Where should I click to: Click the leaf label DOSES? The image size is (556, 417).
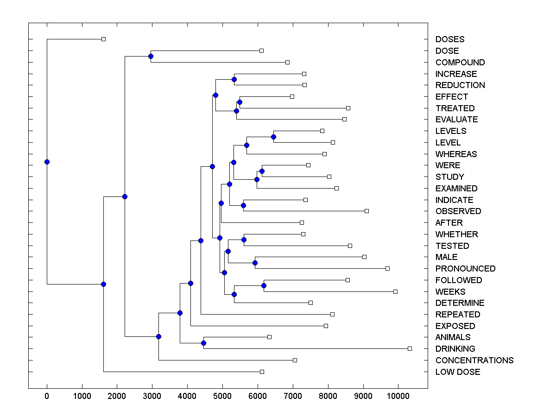tap(449, 39)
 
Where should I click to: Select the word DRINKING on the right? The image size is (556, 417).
tap(455, 349)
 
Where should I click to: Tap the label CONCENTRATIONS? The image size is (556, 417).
tap(474, 360)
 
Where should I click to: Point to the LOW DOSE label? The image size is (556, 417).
tap(457, 372)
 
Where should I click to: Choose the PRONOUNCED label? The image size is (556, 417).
tap(465, 269)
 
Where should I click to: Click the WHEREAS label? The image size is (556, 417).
tap(456, 154)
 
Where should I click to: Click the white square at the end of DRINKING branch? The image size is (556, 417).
tap(410, 348)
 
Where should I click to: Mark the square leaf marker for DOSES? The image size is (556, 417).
tap(103, 39)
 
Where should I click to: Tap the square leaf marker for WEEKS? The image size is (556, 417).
tap(395, 291)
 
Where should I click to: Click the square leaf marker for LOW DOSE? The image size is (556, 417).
tap(262, 372)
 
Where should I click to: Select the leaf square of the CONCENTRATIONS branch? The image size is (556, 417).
tap(295, 360)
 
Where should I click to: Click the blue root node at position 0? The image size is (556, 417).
tap(47, 162)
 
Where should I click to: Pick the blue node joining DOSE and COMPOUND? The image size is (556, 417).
tap(151, 56)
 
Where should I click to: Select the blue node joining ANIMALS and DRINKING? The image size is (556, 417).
tap(203, 343)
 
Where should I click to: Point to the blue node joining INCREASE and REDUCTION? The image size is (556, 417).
tap(234, 79)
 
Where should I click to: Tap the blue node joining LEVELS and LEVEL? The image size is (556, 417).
tap(273, 137)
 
